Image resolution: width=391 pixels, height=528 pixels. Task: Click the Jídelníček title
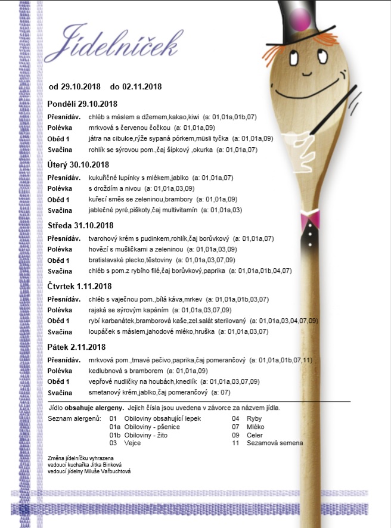pyautogui.click(x=113, y=41)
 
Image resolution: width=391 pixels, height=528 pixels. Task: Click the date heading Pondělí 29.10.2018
pyautogui.click(x=83, y=104)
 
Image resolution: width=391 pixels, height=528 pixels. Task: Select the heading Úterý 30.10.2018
pyautogui.click(x=78, y=164)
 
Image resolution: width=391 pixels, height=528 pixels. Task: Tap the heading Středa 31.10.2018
pyautogui.click(x=80, y=225)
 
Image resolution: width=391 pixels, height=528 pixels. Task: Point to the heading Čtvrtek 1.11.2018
pyautogui.click(x=80, y=286)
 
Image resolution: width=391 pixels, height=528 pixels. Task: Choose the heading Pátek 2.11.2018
pyautogui.click(x=76, y=347)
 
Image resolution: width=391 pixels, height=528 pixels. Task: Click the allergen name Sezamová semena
pyautogui.click(x=276, y=443)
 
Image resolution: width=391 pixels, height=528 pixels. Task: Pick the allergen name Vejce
pyautogui.click(x=132, y=443)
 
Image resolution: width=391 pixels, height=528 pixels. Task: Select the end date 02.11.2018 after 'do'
pyautogui.click(x=142, y=86)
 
